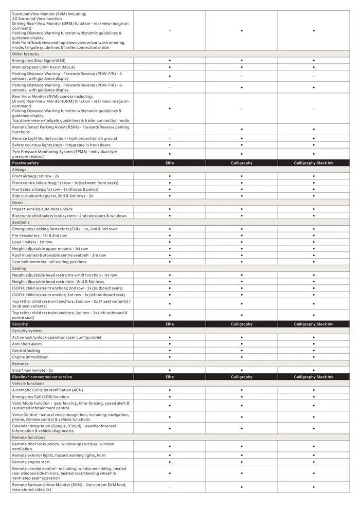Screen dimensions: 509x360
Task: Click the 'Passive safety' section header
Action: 25,163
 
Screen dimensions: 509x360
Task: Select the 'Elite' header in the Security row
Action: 170,324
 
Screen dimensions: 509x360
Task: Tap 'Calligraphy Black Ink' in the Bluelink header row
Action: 313,377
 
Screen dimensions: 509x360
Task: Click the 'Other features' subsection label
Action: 25,54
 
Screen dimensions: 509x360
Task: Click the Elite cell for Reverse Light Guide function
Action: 170,138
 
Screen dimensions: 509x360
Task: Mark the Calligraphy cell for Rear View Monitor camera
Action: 242,108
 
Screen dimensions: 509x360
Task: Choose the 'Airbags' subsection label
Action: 20,170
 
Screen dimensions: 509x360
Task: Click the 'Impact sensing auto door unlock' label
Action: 43,209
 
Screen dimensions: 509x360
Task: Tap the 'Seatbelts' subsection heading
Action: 22,222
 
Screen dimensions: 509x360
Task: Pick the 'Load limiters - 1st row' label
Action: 32,242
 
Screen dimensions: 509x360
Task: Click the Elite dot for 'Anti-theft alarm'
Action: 170,344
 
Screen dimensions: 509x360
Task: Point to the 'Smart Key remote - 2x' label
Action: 32,370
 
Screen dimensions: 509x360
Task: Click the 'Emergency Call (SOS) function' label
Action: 41,397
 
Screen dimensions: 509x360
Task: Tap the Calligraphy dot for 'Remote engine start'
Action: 242,462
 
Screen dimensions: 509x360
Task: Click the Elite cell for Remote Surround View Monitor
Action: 170,487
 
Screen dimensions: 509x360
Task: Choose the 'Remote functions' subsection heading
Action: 28,438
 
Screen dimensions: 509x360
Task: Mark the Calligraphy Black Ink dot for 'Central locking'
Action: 314,351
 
